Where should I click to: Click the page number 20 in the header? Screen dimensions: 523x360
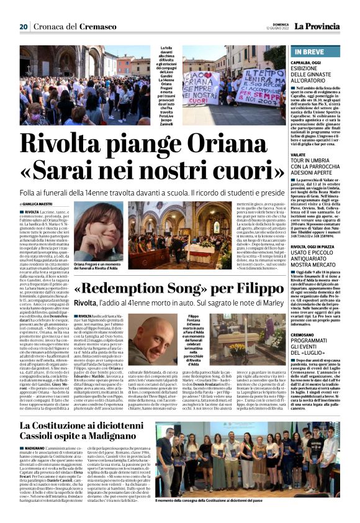(x=24, y=27)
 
